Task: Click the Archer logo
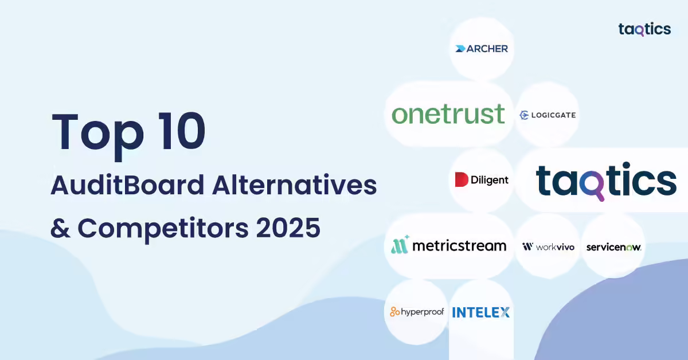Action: pyautogui.click(x=481, y=49)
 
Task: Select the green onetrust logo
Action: pyautogui.click(x=448, y=114)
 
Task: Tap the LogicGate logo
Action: pyautogui.click(x=548, y=115)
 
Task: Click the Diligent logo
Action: pyautogui.click(x=482, y=179)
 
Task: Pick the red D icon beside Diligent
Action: pyautogui.click(x=462, y=179)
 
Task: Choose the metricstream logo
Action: pyautogui.click(x=449, y=245)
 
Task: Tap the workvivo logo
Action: pyautogui.click(x=548, y=246)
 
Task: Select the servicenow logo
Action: pyautogui.click(x=613, y=247)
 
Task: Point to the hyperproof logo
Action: pyautogui.click(x=417, y=312)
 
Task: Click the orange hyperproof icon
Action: pyautogui.click(x=394, y=311)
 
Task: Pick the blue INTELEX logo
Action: pyautogui.click(x=480, y=312)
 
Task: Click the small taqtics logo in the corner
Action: pyautogui.click(x=644, y=29)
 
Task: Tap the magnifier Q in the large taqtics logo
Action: pyautogui.click(x=592, y=185)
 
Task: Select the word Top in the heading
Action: pyautogui.click(x=98, y=135)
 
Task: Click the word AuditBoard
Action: pyautogui.click(x=127, y=185)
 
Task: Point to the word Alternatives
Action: pyautogui.click(x=294, y=185)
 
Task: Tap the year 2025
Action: pyautogui.click(x=288, y=228)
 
